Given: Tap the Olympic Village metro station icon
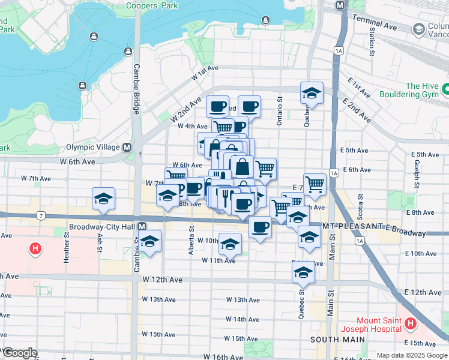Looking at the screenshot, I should pyautogui.click(x=127, y=147).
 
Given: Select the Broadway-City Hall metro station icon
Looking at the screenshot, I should pyautogui.click(x=142, y=227).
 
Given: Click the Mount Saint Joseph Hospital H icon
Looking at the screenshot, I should pyautogui.click(x=411, y=324).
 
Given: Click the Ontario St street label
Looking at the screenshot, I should pyautogui.click(x=280, y=111).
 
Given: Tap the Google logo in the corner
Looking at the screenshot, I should pyautogui.click(x=19, y=353).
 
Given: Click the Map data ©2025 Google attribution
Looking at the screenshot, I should pyautogui.click(x=411, y=355).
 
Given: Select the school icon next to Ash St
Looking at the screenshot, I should pyautogui.click(x=103, y=198).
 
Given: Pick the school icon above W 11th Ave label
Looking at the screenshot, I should pyautogui.click(x=230, y=244).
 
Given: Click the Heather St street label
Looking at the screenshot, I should pyautogui.click(x=67, y=248).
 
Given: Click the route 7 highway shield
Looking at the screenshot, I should pyautogui.click(x=40, y=215).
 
